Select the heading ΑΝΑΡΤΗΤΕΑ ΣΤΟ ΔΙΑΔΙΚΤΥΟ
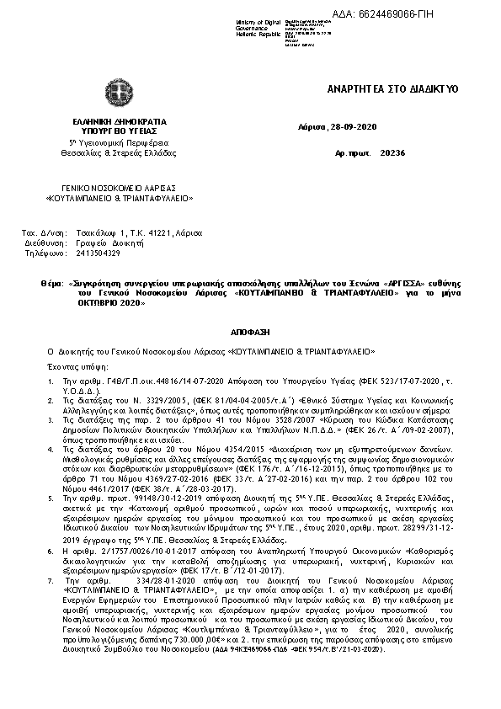pos(392,88)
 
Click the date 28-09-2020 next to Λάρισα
pos(355,126)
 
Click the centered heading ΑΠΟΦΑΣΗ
pos(250,333)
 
